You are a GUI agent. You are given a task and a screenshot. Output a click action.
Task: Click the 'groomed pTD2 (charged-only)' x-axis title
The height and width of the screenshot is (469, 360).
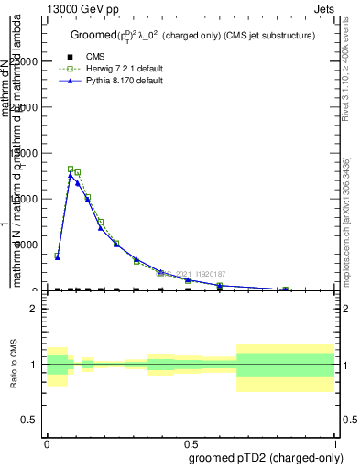tap(264, 457)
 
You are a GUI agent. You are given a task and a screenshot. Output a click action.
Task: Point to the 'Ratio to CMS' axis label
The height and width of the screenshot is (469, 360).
tap(15, 365)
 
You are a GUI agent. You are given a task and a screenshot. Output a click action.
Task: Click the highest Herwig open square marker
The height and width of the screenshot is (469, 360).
tap(71, 169)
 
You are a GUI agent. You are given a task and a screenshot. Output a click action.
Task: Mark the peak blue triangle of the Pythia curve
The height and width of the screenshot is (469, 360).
tap(71, 175)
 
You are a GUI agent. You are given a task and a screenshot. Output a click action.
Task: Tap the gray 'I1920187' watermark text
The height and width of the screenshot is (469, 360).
tap(209, 272)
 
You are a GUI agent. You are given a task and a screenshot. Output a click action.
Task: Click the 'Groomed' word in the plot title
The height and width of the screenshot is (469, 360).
tap(92, 35)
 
